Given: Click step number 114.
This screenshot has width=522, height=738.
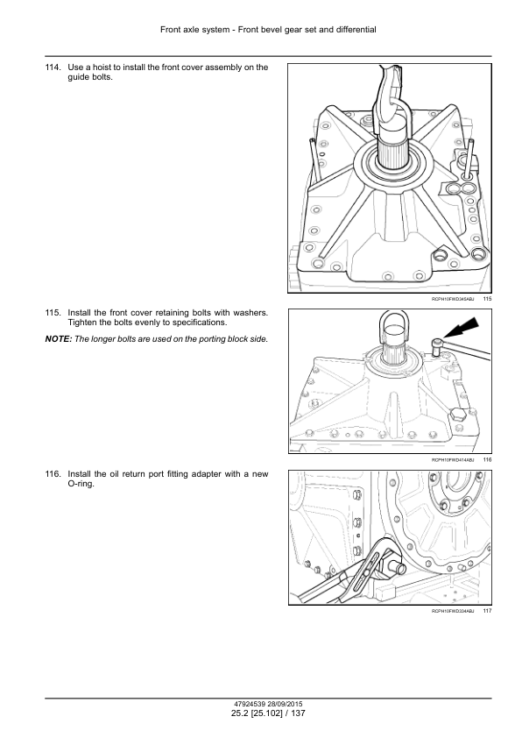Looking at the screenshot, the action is click(x=53, y=67).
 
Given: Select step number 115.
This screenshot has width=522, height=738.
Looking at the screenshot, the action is click(x=53, y=313).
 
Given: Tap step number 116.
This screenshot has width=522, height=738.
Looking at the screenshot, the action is click(x=53, y=474).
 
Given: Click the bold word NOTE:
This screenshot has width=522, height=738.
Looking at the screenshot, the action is click(x=59, y=339).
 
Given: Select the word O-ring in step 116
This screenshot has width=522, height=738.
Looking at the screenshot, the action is click(x=81, y=484).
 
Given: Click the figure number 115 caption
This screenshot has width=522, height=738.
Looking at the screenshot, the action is click(x=487, y=299).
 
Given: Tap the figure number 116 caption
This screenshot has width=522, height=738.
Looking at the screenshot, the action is click(x=487, y=460).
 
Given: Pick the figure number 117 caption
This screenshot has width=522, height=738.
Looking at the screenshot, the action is click(x=487, y=611).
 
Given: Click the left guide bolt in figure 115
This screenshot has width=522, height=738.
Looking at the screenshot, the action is click(x=315, y=160).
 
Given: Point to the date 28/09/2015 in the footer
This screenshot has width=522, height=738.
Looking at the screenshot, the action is click(x=286, y=705).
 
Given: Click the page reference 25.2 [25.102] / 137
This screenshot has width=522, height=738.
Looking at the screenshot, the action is click(x=268, y=713).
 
